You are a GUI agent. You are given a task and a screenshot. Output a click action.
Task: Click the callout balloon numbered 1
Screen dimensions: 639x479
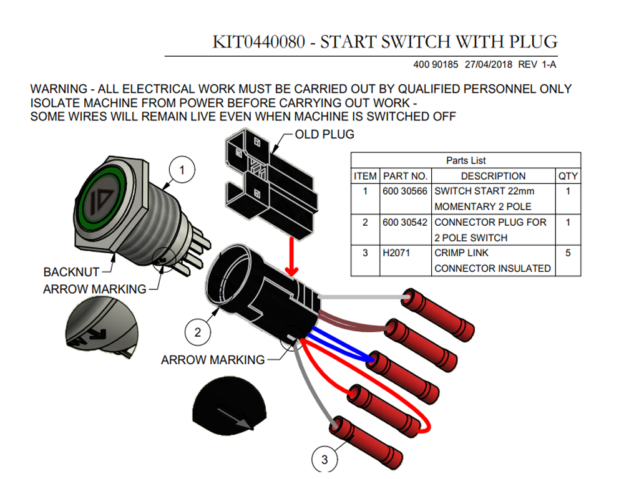(182, 170)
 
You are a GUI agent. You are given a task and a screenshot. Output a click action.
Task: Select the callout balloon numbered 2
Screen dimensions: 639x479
(198, 332)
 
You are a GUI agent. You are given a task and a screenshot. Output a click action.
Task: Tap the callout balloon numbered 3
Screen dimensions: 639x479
(324, 460)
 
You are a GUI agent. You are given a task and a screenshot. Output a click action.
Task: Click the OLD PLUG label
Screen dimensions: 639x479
(324, 135)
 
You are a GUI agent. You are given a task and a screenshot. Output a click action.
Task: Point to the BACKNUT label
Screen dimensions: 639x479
(71, 272)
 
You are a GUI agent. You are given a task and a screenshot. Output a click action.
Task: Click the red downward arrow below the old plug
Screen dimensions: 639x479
(292, 256)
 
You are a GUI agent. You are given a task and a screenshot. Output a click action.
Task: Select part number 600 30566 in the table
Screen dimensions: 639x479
(404, 191)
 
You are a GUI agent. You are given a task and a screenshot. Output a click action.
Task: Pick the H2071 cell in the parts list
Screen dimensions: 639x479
(396, 253)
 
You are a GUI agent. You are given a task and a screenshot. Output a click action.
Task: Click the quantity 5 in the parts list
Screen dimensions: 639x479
(568, 253)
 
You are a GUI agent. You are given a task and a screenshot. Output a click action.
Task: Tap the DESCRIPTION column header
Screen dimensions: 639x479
(493, 176)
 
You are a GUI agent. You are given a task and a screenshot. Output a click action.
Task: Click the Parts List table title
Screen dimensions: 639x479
(466, 160)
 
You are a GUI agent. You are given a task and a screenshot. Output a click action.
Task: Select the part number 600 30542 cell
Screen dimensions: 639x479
(404, 222)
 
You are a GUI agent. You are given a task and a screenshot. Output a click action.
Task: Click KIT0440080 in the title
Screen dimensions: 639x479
(259, 42)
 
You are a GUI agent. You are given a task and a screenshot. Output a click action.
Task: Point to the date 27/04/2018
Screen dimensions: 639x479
(488, 64)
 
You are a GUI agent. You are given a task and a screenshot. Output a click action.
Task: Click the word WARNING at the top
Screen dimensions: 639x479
(59, 89)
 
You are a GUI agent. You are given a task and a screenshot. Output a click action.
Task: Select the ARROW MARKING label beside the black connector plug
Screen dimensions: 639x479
(213, 360)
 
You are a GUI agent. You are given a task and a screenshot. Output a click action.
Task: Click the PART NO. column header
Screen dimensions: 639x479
(405, 176)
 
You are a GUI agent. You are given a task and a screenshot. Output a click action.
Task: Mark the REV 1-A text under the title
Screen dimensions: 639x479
(537, 64)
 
